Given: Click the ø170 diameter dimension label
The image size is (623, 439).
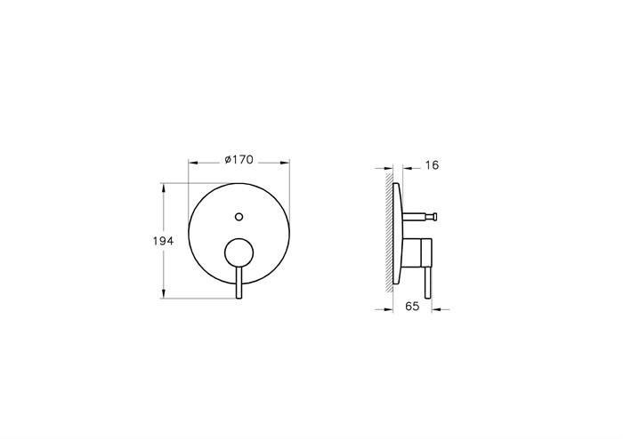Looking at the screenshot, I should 239,160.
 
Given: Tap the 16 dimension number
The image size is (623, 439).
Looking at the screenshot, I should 433,164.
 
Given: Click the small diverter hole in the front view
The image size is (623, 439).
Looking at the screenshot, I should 239,215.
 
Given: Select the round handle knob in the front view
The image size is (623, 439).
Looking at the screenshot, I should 239,253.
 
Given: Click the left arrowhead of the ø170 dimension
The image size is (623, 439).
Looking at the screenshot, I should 191,164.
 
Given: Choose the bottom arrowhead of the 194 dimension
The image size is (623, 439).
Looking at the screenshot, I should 163,295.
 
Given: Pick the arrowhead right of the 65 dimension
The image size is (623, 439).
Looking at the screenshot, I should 436,309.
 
